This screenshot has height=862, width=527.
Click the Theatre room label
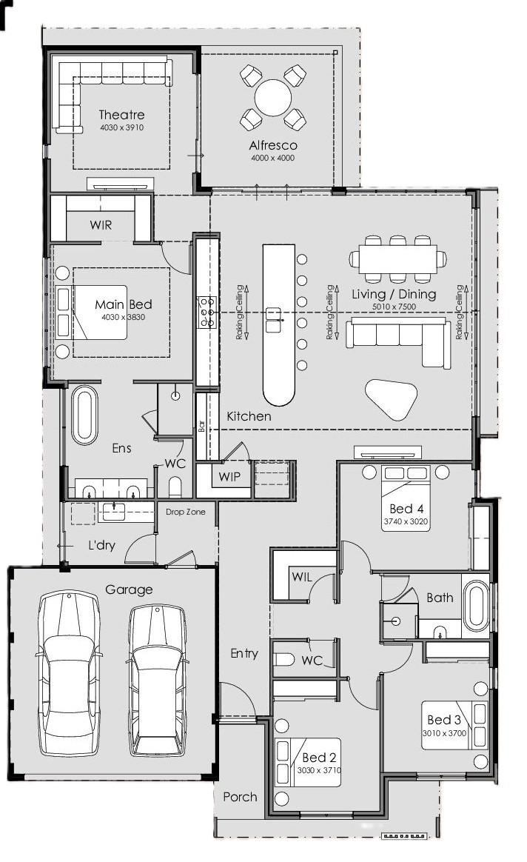pos(121,115)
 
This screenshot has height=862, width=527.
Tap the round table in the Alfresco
pos(273,98)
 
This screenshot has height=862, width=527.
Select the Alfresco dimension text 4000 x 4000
pos(273,158)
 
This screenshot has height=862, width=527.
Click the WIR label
pos(101,225)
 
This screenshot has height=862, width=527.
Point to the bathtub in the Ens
pos(84,415)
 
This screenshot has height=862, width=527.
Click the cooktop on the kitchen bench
pos(207,312)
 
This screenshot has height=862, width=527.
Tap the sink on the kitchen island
pos(274,321)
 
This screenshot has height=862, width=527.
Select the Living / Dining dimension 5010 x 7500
pos(394,307)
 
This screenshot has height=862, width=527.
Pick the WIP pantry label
pos(229,477)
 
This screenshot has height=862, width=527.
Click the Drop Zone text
pos(186,512)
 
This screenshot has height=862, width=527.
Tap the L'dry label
pos(101,546)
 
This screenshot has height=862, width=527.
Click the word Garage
pos(129,590)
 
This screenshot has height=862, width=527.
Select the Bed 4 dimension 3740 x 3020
pos(406,521)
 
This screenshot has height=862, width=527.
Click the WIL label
pos(302,577)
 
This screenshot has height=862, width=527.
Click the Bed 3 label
pos(443,720)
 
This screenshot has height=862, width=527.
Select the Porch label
pos(240,797)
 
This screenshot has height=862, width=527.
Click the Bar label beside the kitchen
pos(201,426)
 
